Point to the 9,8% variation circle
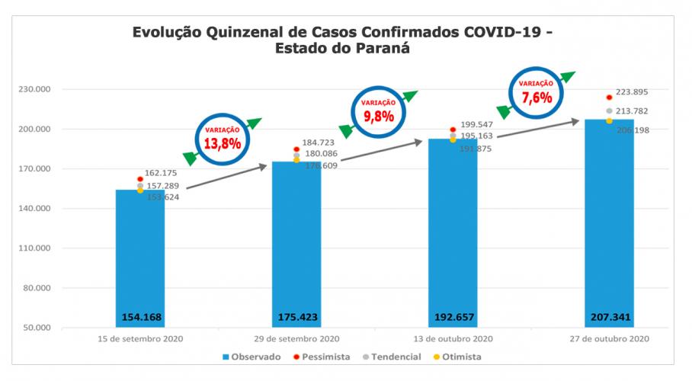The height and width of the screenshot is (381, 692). coord(378,111)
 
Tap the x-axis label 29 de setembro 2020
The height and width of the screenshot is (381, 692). coord(296,338)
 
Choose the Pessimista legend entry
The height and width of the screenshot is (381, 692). coord(324,356)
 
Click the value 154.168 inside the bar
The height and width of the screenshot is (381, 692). coord(141,316)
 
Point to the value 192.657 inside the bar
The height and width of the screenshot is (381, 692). coord(453,316)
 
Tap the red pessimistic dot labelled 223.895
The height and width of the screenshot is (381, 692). coord(609,98)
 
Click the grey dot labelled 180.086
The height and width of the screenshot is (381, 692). coord(296,155)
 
